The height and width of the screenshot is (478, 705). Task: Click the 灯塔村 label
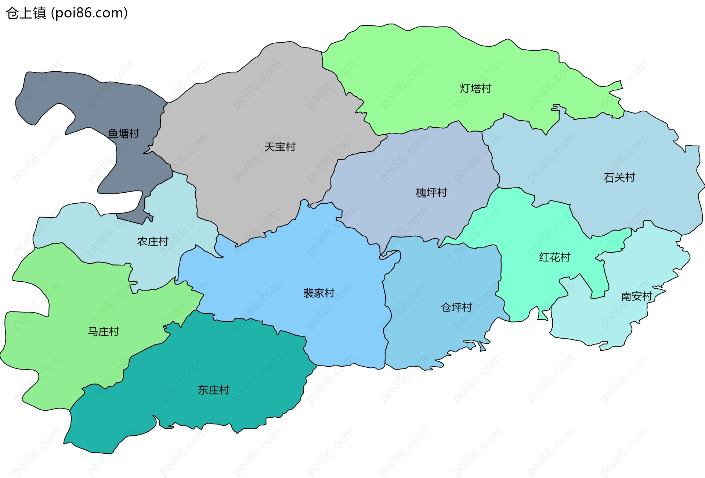tap(476, 89)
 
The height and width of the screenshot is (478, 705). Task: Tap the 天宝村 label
tap(280, 147)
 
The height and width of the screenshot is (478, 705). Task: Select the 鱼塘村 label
tap(123, 133)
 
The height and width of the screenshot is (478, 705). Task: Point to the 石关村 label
tap(619, 178)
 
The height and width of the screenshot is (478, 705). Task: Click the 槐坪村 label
tap(431, 193)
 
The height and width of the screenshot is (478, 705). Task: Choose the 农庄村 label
tap(153, 242)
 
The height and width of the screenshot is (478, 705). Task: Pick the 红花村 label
tap(554, 257)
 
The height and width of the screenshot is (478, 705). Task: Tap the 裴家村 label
tap(319, 293)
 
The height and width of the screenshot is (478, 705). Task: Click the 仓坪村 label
tap(456, 307)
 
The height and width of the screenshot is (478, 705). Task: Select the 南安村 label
tap(636, 296)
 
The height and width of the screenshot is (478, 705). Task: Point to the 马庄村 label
tap(104, 332)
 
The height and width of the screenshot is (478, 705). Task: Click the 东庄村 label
tap(213, 390)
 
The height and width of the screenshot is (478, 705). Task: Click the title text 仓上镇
tap(26, 13)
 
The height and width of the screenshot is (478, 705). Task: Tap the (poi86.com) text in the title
tap(89, 13)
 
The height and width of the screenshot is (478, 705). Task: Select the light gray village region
tap(257, 110)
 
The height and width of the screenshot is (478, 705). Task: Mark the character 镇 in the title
tap(39, 13)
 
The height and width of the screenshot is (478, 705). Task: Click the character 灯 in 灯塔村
tap(465, 89)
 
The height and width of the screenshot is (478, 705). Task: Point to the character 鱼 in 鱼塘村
tap(113, 133)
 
